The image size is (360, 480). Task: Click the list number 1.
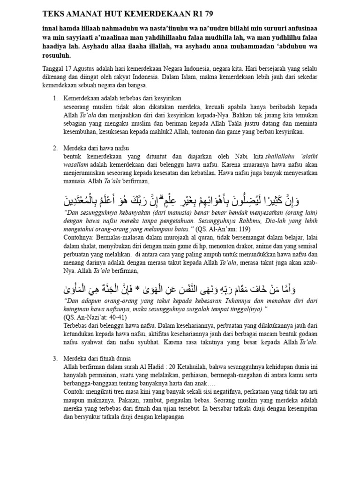(54, 98)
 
